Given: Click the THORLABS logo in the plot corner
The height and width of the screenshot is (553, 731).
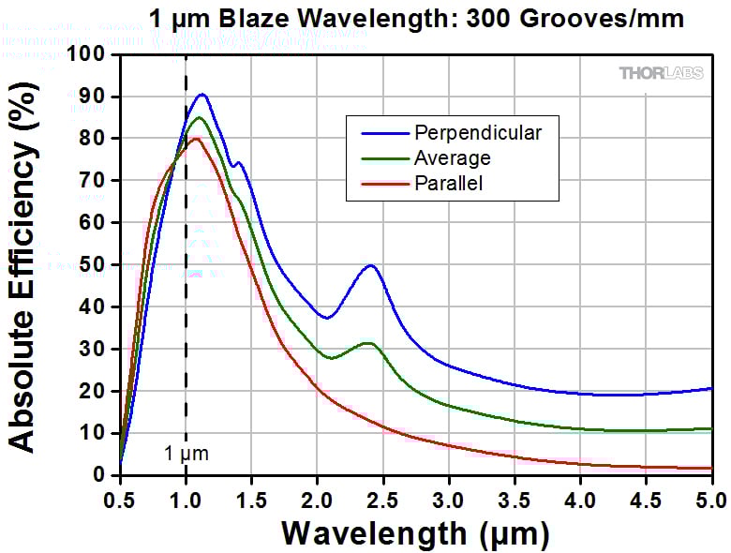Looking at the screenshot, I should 663,73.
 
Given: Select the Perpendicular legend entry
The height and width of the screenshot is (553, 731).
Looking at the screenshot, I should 477,132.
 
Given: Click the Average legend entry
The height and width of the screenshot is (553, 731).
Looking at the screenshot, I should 452,157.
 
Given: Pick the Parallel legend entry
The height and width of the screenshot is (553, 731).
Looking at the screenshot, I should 448,184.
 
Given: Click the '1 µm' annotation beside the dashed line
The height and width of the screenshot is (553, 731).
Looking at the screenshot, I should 186,455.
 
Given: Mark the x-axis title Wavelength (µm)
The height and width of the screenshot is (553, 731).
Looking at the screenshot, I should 415,532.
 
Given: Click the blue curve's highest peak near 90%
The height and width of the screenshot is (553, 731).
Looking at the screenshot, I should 201,95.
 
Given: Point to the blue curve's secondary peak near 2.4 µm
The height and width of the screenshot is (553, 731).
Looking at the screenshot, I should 371,265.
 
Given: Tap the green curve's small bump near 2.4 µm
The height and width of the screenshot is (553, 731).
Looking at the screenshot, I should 368,343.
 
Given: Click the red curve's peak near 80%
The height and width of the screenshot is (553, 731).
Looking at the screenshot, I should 195,139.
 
